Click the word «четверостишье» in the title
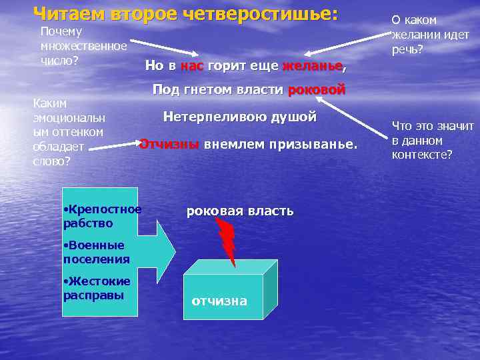[x=261, y=13]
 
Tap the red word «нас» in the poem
[x=192, y=67]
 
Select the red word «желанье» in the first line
[x=312, y=67]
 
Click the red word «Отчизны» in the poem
[x=169, y=144]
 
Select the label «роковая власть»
[x=239, y=211]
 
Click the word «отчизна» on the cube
[x=219, y=301]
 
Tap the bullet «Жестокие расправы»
[x=96, y=288]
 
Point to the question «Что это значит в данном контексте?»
[x=433, y=140]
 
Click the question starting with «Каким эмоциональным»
[x=69, y=133]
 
